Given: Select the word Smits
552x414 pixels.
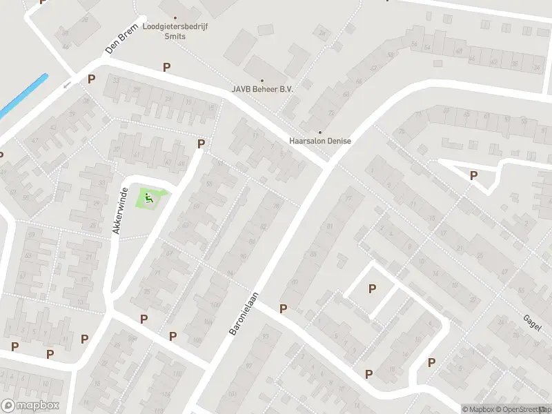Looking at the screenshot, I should pyautogui.click(x=175, y=37).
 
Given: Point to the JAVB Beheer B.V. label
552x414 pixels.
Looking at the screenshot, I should pyautogui.click(x=262, y=89).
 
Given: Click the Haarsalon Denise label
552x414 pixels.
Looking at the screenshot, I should pyautogui.click(x=319, y=141).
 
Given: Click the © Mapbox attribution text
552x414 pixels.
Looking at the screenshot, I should pyautogui.click(x=478, y=409).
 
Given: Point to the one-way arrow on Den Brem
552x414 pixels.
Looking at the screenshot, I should pyautogui.click(x=67, y=86).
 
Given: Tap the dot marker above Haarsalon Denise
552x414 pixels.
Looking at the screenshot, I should pyautogui.click(x=319, y=132).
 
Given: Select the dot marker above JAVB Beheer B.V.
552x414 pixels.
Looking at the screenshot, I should pyautogui.click(x=262, y=80).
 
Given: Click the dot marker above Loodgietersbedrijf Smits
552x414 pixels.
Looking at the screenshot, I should pyautogui.click(x=175, y=18).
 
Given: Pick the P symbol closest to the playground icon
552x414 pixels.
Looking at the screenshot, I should pyautogui.click(x=201, y=144).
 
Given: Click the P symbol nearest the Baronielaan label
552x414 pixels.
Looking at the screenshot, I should pyautogui.click(x=283, y=308).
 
